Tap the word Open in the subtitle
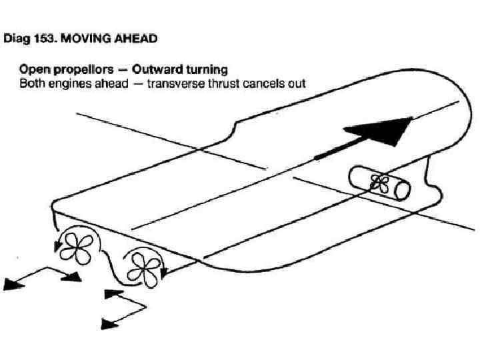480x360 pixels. (x=33, y=69)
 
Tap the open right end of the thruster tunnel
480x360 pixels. (x=401, y=189)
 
